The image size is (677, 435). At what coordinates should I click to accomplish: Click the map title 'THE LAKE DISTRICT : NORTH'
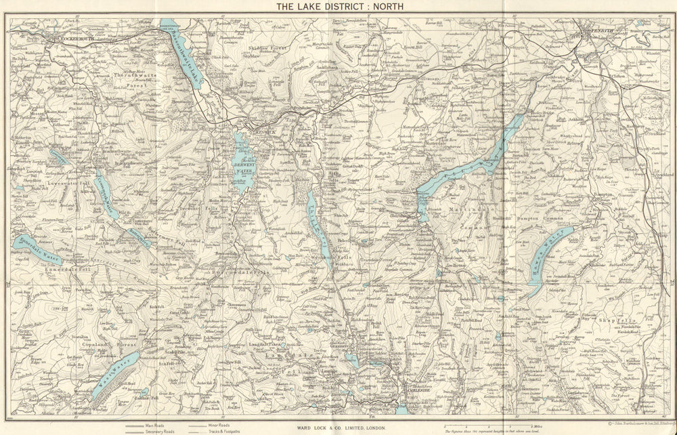pyautogui.click(x=339, y=7)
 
